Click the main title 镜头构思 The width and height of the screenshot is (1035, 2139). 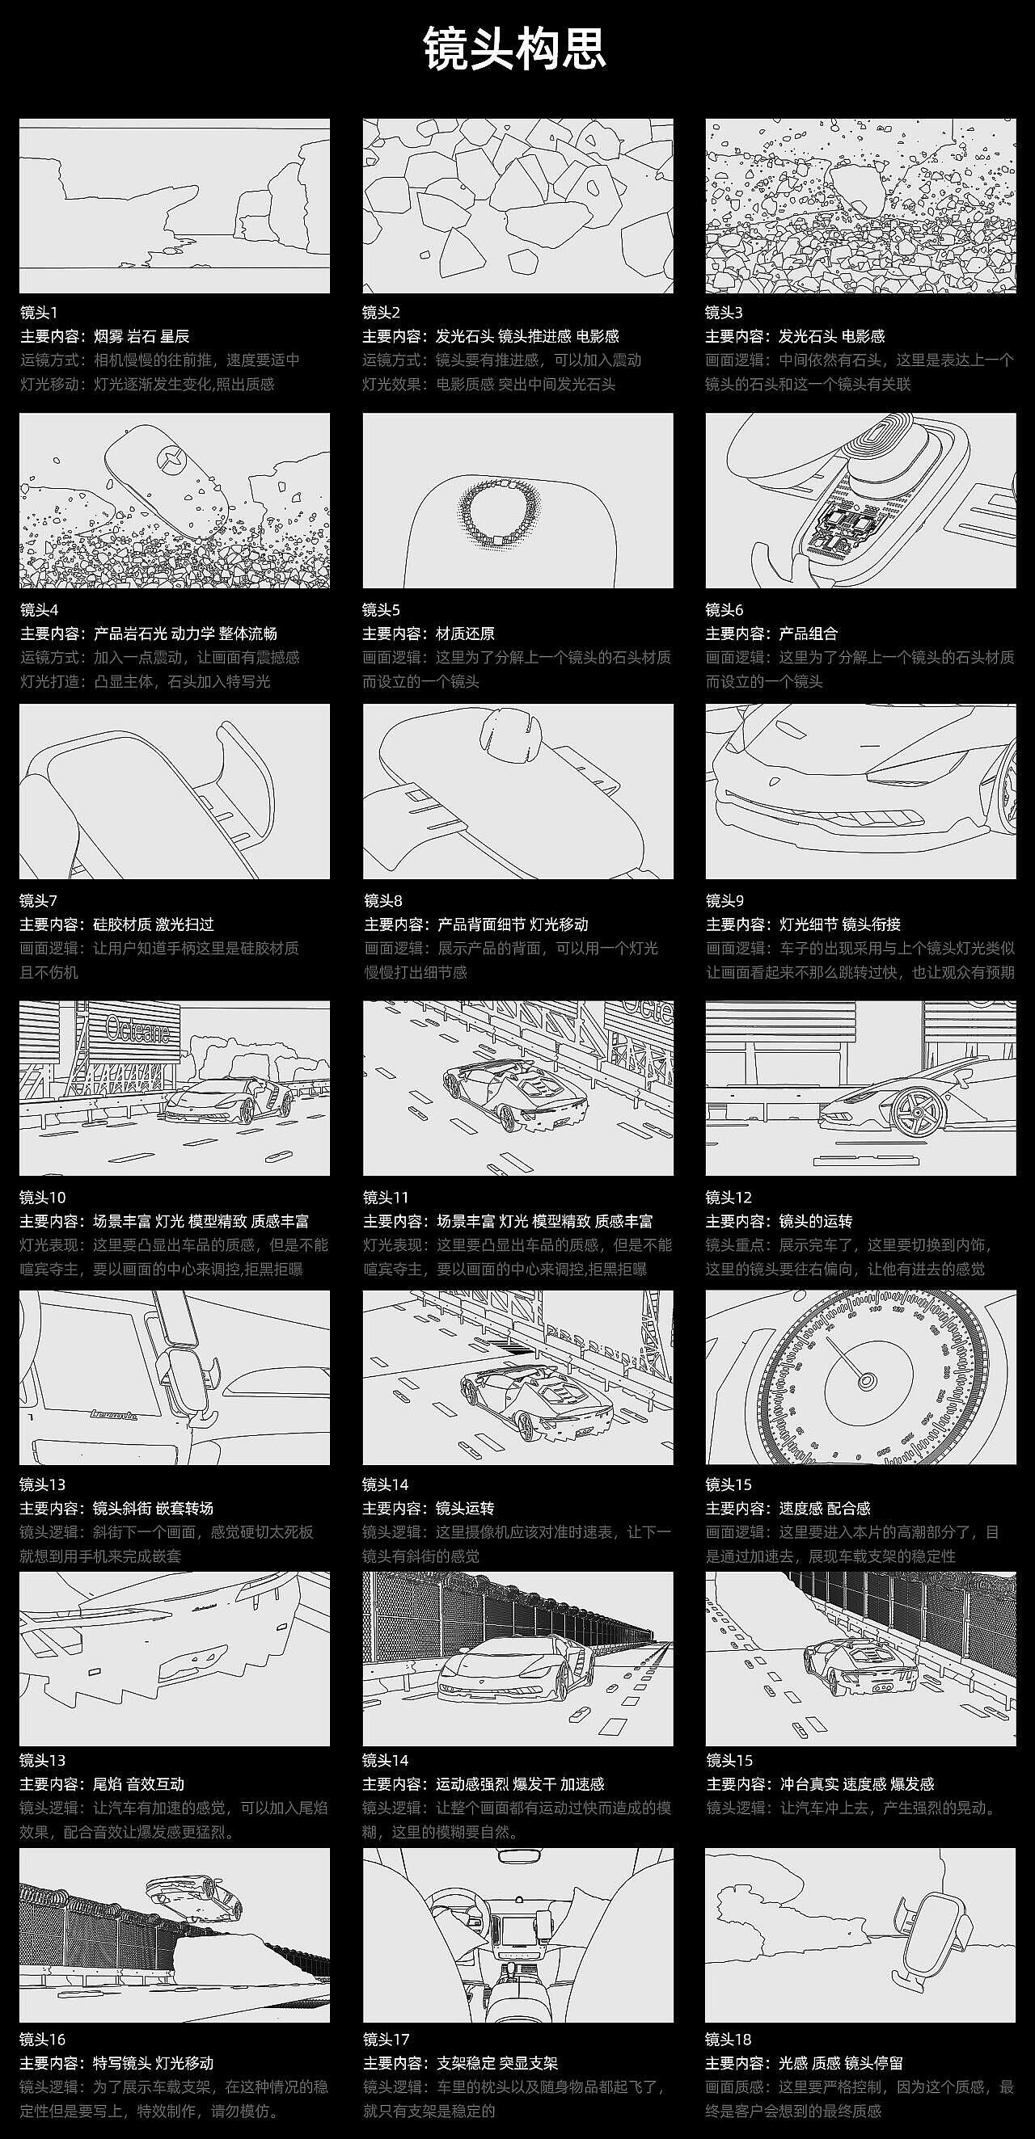pos(515,48)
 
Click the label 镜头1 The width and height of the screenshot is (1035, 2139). pos(39,313)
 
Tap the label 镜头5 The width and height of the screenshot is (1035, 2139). pos(382,610)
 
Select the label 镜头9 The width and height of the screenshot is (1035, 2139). pos(725,901)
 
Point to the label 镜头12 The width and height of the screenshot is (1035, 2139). pos(729,1198)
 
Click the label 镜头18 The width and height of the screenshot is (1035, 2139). pos(729,2040)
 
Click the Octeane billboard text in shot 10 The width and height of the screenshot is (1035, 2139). pos(138,1031)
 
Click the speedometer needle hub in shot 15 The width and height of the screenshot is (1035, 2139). pos(866,1382)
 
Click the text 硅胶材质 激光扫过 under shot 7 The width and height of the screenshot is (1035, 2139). pos(154,924)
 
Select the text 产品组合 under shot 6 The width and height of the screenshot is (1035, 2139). pos(809,634)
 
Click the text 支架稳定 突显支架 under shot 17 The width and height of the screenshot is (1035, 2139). pos(496,2063)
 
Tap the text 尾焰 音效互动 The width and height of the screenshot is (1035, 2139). pos(139,1784)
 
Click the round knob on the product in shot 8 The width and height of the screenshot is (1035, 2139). pos(510,734)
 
